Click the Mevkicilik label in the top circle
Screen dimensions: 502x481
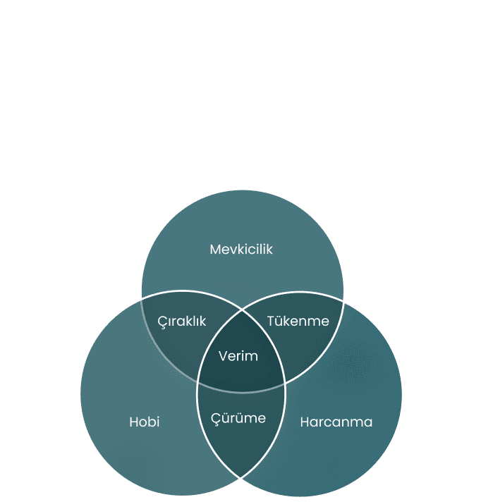[x=241, y=249]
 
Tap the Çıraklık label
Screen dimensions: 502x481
[x=182, y=321]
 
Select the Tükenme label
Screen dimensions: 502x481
[x=298, y=321]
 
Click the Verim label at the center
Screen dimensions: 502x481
[x=238, y=356]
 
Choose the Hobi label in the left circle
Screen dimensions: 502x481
[x=145, y=422]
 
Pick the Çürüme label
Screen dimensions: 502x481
[x=239, y=418]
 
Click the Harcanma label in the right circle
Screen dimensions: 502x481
[x=336, y=422]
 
